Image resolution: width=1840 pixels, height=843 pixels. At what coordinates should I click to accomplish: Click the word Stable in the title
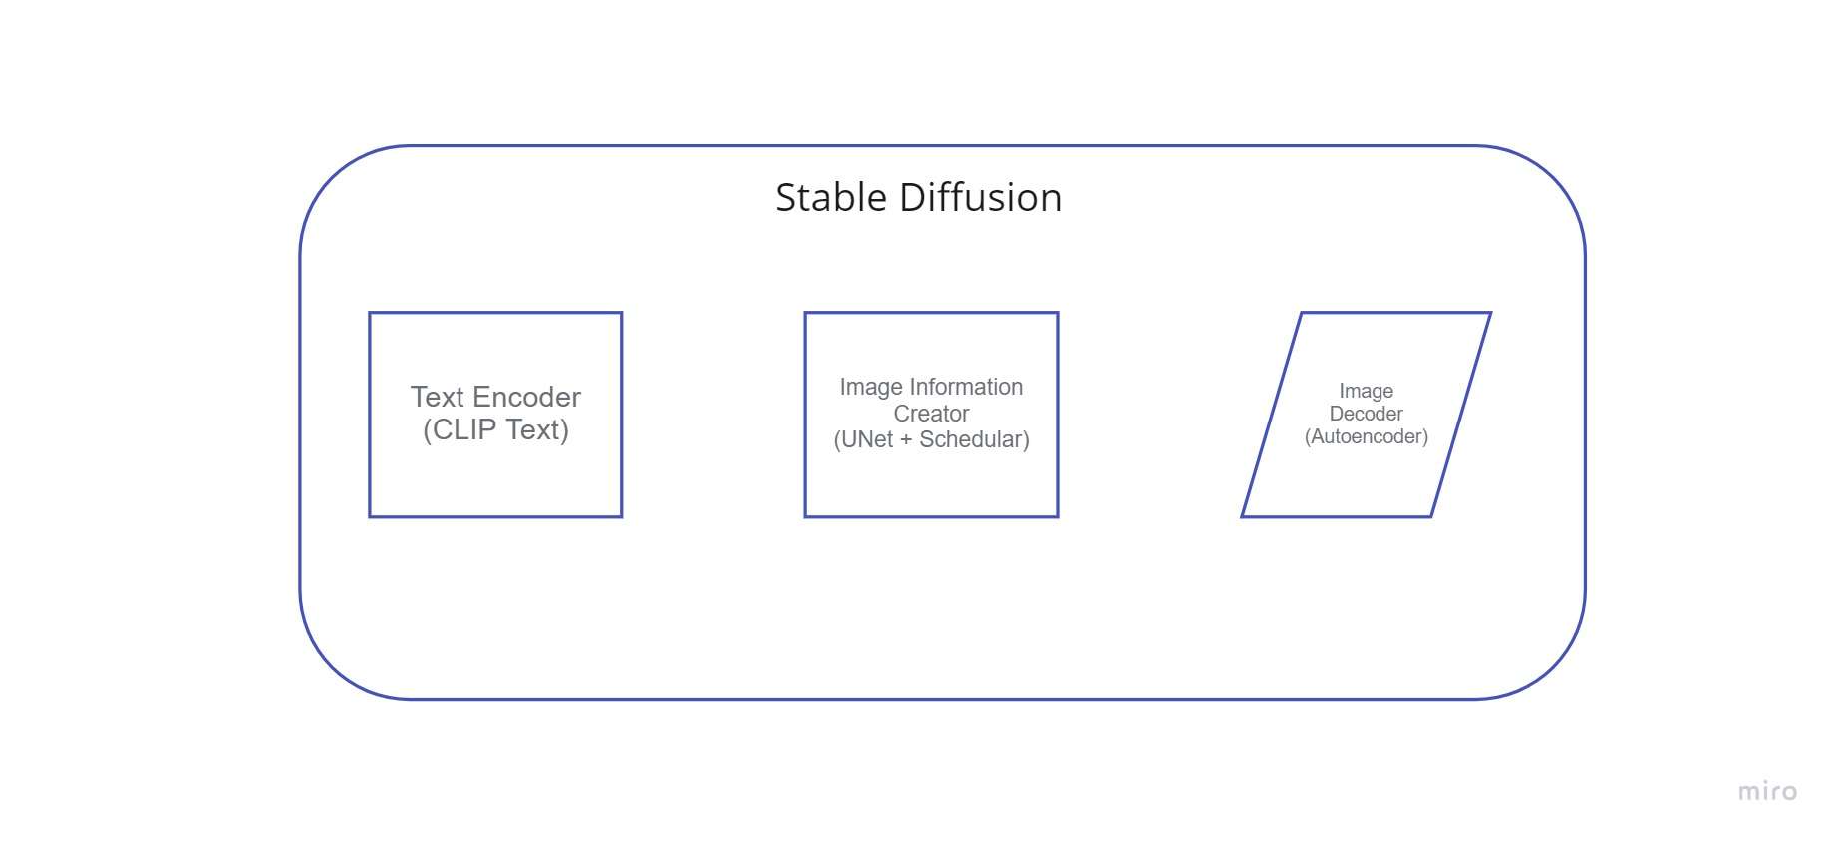click(831, 198)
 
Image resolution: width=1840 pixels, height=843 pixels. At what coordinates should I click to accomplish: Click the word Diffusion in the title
click(981, 198)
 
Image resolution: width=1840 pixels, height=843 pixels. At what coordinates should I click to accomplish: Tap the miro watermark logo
click(1767, 791)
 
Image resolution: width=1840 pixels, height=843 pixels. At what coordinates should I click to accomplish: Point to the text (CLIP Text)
click(495, 429)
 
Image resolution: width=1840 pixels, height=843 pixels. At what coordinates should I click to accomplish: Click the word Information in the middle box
click(966, 387)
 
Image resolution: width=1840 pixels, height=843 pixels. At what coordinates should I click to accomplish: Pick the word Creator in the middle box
click(931, 414)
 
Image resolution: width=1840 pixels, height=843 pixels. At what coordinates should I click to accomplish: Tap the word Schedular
click(970, 439)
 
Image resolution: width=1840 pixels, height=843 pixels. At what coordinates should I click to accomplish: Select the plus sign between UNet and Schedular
click(906, 440)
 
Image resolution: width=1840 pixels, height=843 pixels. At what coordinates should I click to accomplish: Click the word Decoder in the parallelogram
click(1366, 414)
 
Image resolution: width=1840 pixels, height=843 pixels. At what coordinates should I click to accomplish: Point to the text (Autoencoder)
click(1367, 436)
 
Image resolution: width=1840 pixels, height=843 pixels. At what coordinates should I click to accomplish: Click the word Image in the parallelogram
click(1366, 391)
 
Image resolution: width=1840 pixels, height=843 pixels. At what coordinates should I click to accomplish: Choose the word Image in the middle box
click(871, 387)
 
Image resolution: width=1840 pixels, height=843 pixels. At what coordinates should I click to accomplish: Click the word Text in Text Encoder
click(438, 397)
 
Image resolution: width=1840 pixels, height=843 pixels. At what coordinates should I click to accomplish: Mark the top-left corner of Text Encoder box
click(370, 313)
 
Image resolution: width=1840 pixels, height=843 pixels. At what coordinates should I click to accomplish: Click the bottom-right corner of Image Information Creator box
click(1058, 516)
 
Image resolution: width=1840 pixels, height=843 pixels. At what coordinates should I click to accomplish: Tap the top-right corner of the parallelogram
click(1490, 313)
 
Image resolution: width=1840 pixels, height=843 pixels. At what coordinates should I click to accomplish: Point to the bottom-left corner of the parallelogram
click(1242, 516)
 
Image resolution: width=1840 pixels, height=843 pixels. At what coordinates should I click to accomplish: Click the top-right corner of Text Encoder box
click(621, 313)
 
